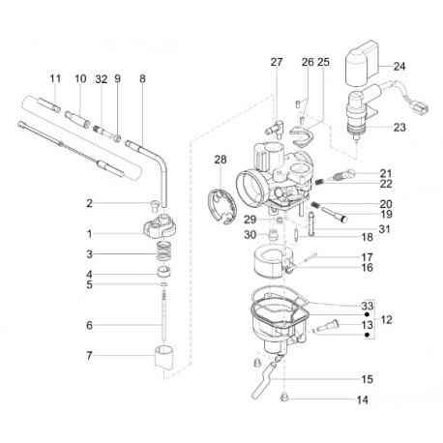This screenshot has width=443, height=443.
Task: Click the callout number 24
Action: click(x=399, y=67)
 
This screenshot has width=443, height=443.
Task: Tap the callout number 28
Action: click(x=221, y=160)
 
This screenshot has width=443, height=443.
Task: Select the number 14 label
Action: click(x=363, y=399)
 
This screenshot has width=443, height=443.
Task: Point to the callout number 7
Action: click(x=89, y=356)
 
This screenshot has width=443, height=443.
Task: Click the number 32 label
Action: click(x=102, y=79)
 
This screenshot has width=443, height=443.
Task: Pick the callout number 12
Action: click(x=386, y=320)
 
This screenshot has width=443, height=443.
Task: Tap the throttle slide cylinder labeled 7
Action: click(x=164, y=357)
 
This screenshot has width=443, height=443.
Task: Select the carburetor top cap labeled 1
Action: click(x=160, y=224)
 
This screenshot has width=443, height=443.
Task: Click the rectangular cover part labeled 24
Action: click(x=361, y=63)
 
